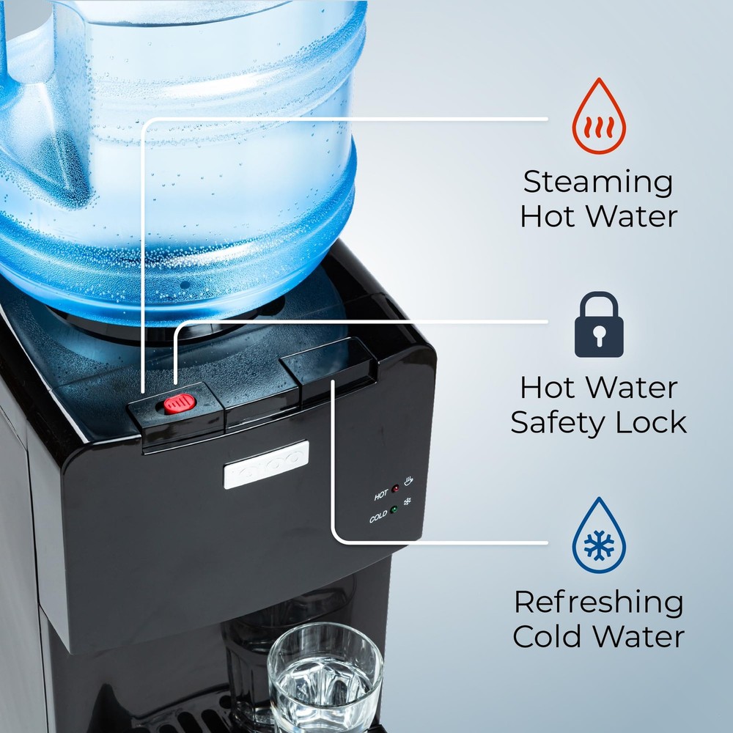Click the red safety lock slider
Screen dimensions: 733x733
(x=179, y=403)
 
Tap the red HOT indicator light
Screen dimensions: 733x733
(x=394, y=487)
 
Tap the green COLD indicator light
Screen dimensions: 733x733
(x=394, y=510)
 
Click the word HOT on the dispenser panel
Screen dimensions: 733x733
(x=380, y=496)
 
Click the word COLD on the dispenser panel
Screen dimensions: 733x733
(x=378, y=517)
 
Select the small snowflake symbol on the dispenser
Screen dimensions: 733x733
(x=408, y=504)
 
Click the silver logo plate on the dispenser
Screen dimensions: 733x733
(x=266, y=465)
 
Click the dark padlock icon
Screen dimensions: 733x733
(x=599, y=326)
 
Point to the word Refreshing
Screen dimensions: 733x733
(x=598, y=603)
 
